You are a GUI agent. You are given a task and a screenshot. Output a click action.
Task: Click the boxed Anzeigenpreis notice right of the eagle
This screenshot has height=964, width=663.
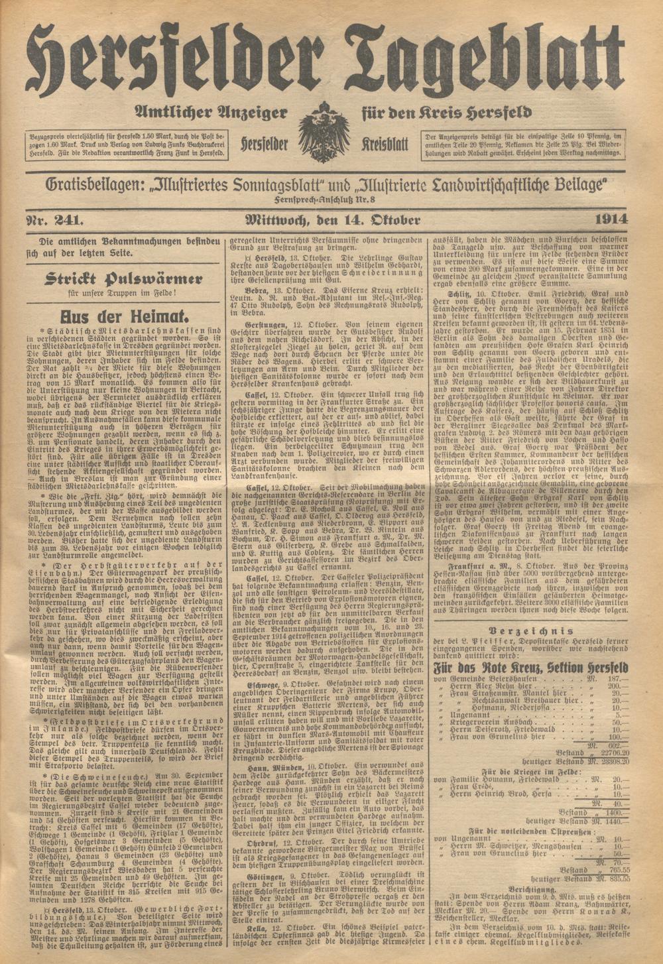pos(523,144)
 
